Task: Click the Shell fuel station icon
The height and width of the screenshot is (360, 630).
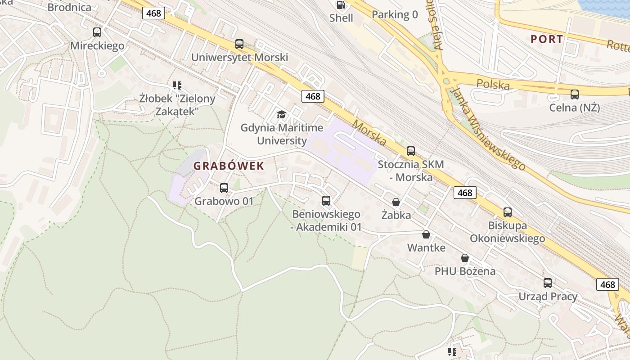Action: [342, 5]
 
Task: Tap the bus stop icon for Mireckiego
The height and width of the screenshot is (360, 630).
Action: [97, 32]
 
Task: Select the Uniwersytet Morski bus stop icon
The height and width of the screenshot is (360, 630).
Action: [239, 44]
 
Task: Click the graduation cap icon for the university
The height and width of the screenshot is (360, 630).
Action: [282, 114]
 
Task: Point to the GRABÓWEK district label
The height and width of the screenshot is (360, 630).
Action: [229, 166]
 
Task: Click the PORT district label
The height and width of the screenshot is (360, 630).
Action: [547, 39]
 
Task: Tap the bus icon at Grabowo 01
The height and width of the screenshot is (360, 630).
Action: [224, 188]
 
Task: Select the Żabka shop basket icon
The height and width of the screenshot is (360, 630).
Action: [396, 202]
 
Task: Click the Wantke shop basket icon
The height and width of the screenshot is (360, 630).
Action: [426, 234]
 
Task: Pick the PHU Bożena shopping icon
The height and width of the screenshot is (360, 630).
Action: [465, 258]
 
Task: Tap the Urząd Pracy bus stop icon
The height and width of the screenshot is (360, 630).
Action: [548, 283]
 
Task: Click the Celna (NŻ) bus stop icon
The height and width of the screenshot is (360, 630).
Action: [575, 94]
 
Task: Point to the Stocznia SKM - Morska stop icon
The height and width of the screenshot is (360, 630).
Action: [411, 151]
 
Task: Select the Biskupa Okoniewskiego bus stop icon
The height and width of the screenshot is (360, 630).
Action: [508, 212]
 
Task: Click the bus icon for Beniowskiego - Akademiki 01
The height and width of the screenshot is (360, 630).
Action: [326, 201]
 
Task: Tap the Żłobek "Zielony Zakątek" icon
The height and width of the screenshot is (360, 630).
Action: [177, 85]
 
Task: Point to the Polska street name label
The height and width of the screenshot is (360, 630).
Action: [493, 84]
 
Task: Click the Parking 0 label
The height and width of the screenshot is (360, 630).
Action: [395, 14]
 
